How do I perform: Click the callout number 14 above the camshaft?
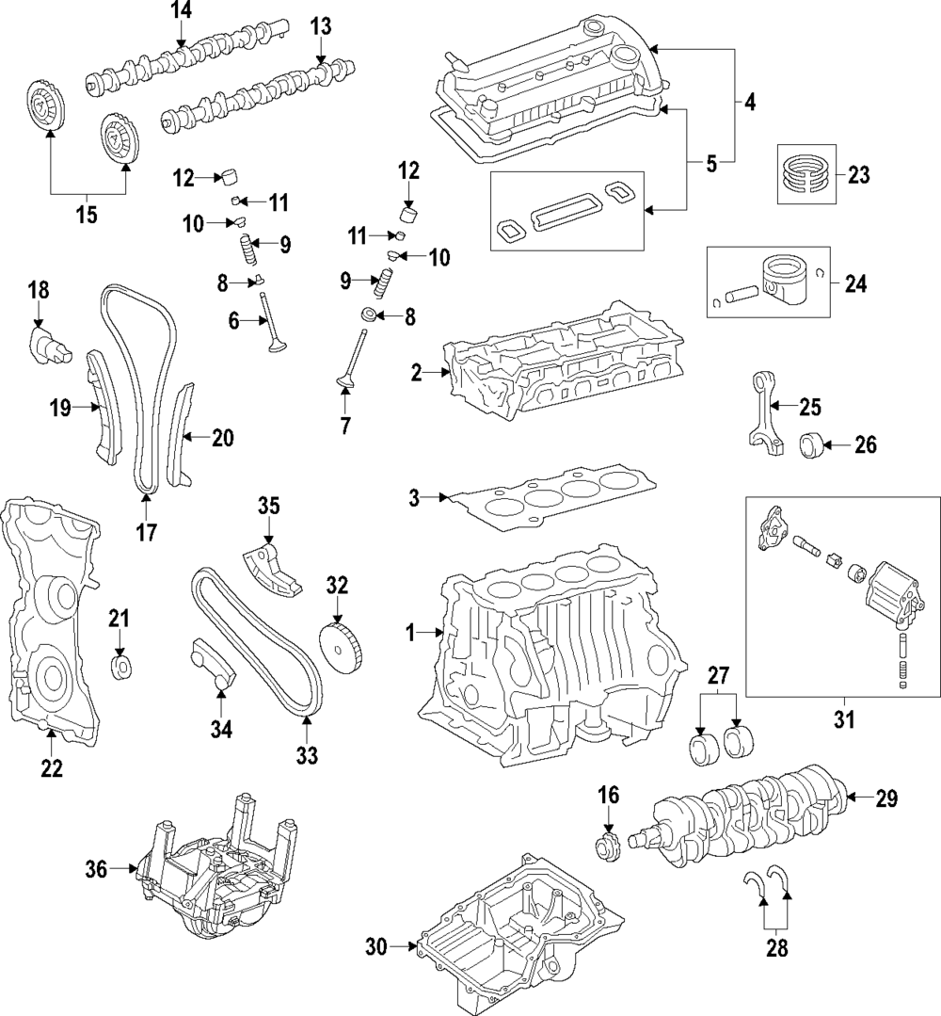180,11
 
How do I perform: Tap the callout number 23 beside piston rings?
858,174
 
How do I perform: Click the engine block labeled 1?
555,659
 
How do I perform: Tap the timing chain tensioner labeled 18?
47,344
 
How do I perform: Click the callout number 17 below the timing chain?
146,533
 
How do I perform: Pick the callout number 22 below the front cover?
51,768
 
